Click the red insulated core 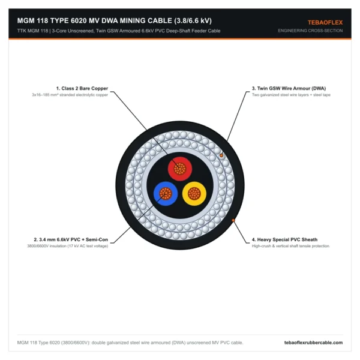[x=180, y=169]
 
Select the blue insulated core [x=166, y=194]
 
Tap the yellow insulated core [x=194, y=194]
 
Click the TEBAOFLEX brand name [x=325, y=23]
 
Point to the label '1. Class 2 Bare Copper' [x=82, y=88]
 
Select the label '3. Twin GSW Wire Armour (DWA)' [x=289, y=88]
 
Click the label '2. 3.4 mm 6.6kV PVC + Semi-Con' [x=71, y=239]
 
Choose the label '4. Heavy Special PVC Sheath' [x=284, y=239]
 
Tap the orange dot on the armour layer [x=221, y=155]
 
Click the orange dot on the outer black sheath [x=233, y=220]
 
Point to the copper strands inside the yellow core [x=194, y=194]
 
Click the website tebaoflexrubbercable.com [x=313, y=343]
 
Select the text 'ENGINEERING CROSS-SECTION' [x=310, y=31]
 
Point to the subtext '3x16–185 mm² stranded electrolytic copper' [x=70, y=95]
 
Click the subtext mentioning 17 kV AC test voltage [x=67, y=246]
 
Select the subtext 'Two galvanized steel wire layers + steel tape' [x=291, y=95]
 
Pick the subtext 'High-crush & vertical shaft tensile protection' [x=290, y=246]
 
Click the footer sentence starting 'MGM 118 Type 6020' [x=130, y=343]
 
